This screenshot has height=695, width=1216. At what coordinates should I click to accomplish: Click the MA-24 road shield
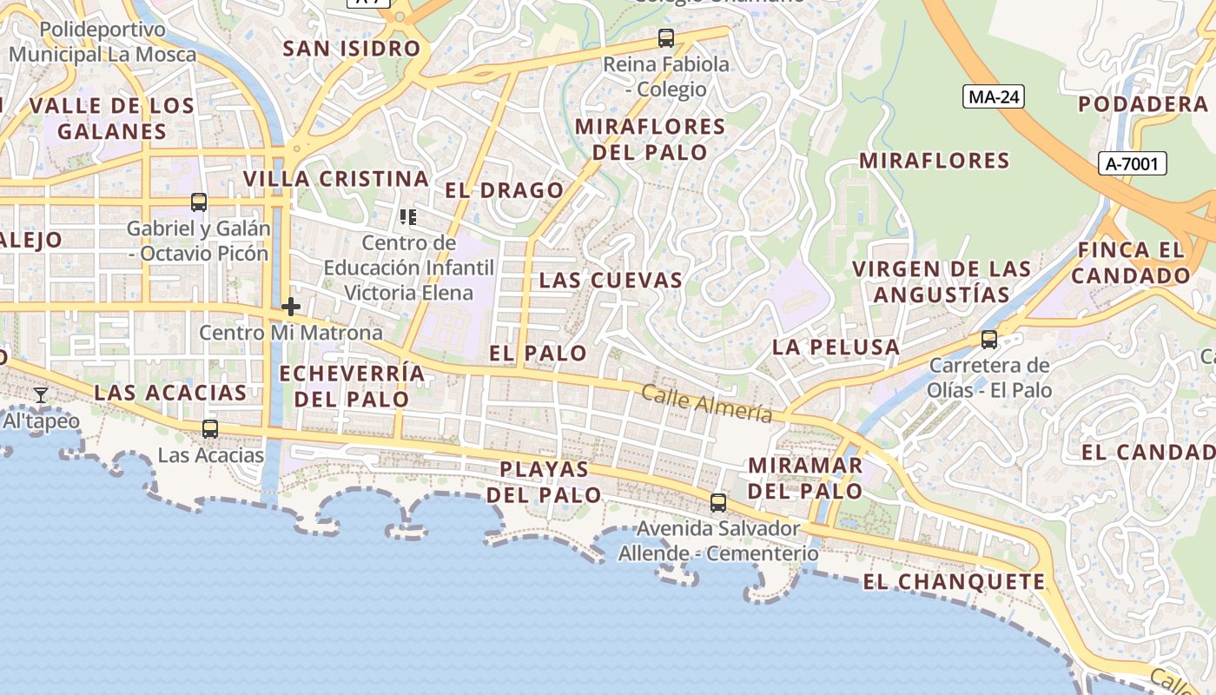coord(994,96)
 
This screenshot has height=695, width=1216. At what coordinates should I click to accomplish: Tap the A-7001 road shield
coord(1132,163)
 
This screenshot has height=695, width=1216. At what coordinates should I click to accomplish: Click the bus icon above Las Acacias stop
coord(210,428)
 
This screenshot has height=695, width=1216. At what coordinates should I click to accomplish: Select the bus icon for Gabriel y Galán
coord(199,202)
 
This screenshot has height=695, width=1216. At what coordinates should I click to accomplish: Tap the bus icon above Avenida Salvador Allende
coord(718,502)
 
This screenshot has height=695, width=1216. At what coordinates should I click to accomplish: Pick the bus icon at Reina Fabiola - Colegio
coord(666,38)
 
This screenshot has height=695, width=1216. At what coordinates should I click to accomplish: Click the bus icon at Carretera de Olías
coord(989,340)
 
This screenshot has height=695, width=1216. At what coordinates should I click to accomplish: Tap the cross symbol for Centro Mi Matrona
coord(291,307)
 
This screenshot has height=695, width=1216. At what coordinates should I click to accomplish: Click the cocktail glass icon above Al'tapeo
coord(40,395)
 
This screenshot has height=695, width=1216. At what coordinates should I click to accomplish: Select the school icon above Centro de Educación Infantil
coord(408,216)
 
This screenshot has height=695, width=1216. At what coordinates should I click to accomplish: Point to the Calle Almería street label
coord(706,404)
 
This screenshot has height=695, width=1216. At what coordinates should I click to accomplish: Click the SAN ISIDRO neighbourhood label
coord(352,49)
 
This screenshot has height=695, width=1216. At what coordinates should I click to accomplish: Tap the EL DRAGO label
coord(505,190)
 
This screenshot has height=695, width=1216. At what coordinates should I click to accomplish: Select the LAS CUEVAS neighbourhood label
coord(611,281)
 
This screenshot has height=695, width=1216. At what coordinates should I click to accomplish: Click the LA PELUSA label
coord(836,347)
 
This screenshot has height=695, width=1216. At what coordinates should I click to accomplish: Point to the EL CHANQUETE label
coord(954,582)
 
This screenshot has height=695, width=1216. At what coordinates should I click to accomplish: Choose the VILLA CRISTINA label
coord(336,179)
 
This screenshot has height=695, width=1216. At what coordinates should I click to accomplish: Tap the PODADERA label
coord(1142,104)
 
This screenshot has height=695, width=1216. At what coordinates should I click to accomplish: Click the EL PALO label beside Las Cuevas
coord(538,354)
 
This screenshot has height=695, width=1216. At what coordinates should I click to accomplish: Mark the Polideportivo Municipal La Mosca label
coord(102,42)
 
